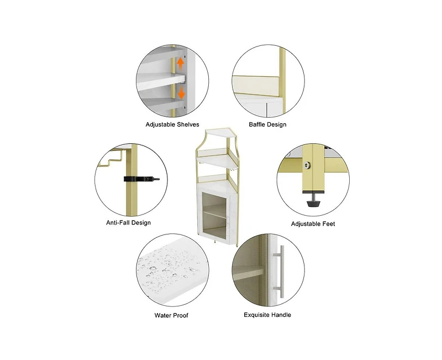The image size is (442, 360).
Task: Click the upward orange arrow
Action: tap(180, 64)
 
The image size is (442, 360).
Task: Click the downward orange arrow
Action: tap(181, 93)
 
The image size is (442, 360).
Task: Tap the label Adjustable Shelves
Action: tap(172, 124)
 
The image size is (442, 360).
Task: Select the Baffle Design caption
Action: tap(267, 124)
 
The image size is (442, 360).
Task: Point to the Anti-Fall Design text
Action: tap(128, 223)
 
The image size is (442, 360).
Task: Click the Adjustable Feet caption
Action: tap(313, 224)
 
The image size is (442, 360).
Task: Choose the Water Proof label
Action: tap(171, 315)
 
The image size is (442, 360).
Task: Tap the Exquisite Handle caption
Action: tap(267, 315)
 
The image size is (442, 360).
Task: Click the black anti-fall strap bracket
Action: tap(141, 179)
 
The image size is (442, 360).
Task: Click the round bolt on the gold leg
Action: tap(307, 165)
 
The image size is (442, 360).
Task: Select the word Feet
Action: tap(328, 224)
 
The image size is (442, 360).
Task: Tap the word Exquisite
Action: tap(256, 315)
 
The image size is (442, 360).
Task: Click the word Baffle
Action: tap(257, 124)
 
